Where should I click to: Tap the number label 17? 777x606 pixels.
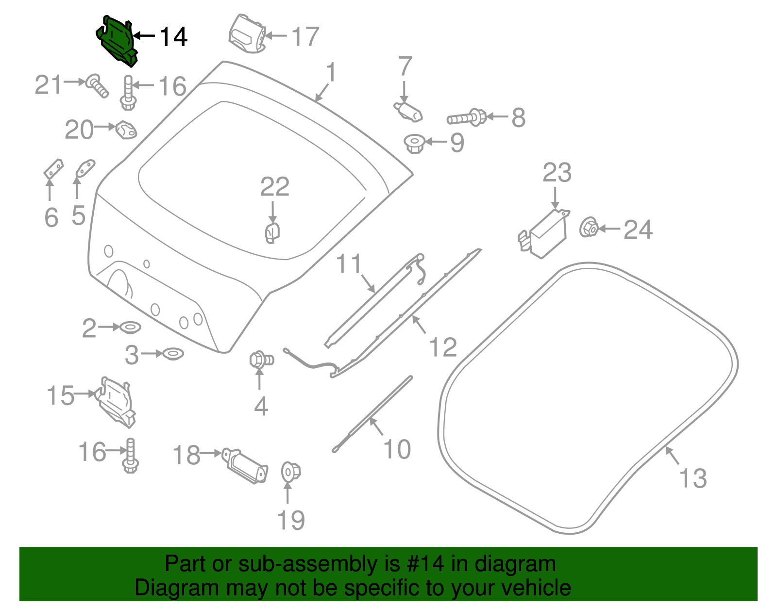(305, 37)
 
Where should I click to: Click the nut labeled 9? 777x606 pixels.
(415, 143)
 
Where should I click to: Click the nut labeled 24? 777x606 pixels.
(589, 227)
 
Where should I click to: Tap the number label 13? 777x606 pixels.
(693, 478)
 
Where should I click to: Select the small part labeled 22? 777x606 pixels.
(272, 232)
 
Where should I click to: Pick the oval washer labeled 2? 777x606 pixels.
(130, 328)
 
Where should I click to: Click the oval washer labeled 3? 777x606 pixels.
(173, 354)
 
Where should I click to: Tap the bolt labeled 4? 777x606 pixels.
(261, 360)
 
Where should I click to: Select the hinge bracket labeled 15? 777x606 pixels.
(117, 402)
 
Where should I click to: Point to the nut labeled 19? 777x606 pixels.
(291, 472)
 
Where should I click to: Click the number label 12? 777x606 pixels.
(443, 347)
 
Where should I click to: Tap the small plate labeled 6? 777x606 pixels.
(53, 169)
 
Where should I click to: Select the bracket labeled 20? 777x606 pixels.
(126, 130)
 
